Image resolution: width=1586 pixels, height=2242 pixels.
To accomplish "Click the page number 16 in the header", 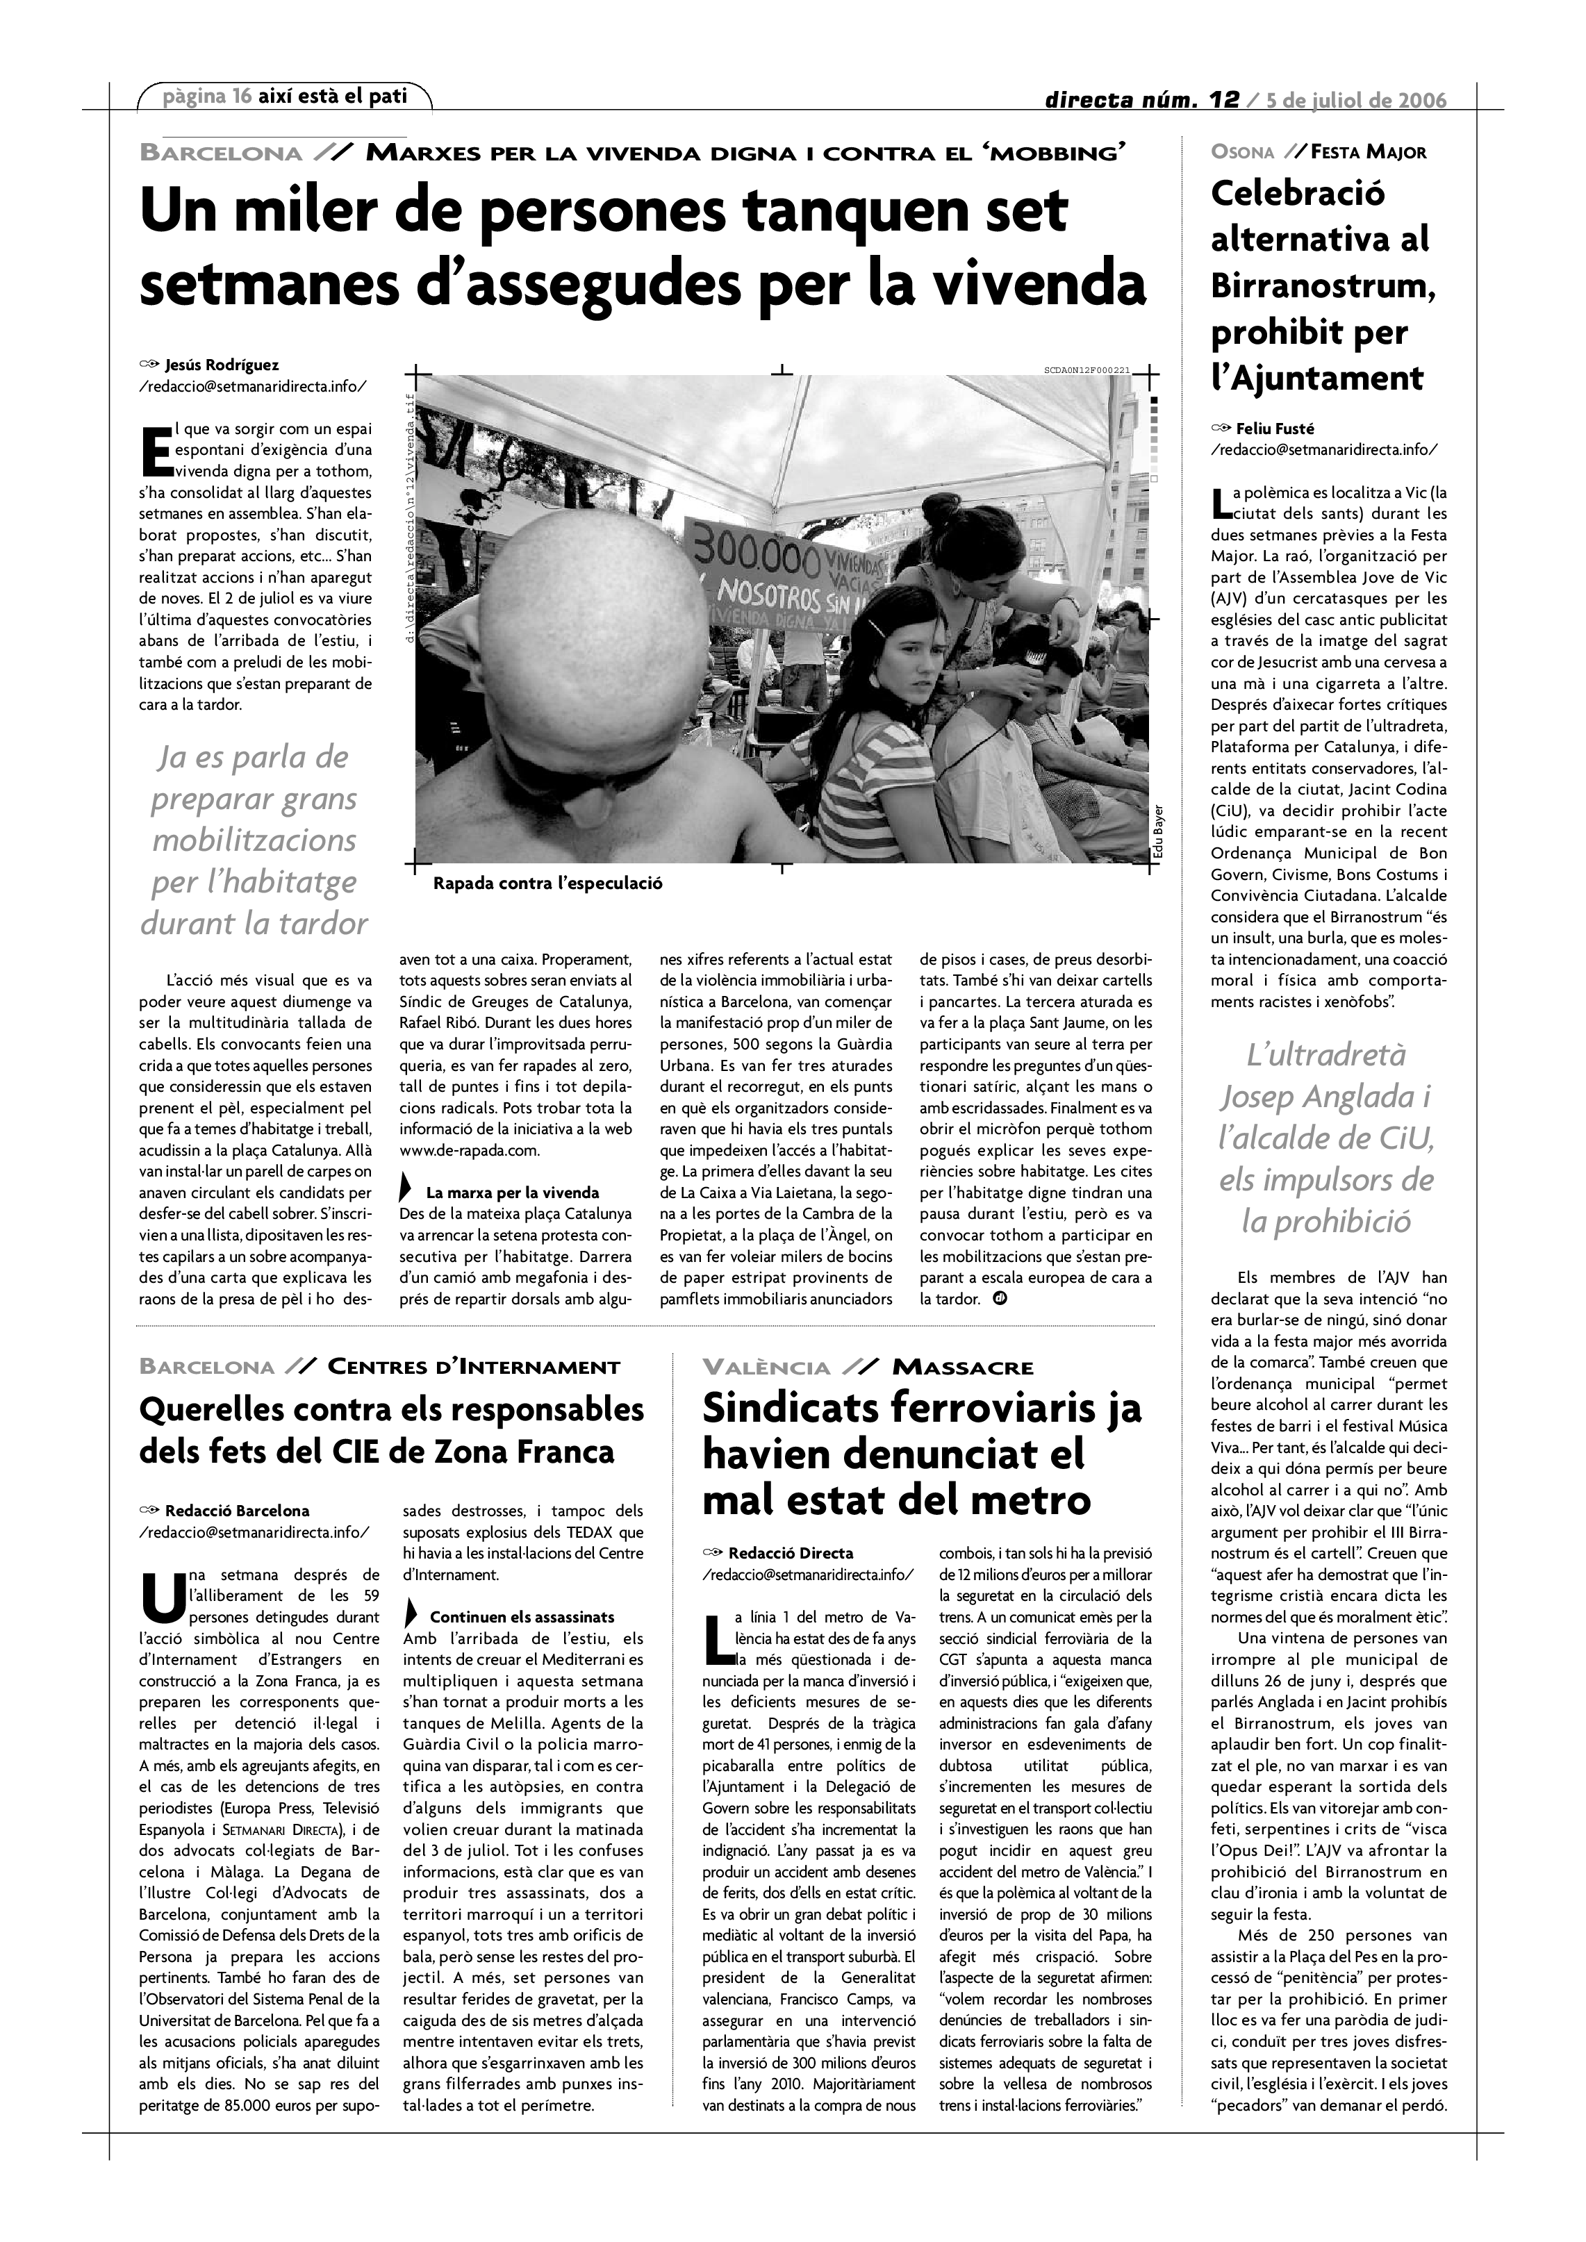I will click(x=241, y=96).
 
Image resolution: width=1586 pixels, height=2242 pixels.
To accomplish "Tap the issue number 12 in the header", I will click(x=1223, y=99).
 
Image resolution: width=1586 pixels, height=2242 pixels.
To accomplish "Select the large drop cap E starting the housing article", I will click(x=156, y=451).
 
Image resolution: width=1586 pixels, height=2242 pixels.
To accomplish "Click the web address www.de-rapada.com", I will click(x=470, y=1150).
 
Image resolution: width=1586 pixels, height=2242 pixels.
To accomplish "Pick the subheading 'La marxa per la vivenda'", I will click(x=513, y=1193).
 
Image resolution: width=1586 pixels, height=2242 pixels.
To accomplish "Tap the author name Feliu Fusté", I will click(x=1275, y=428).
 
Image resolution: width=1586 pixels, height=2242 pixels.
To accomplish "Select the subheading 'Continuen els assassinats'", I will click(x=522, y=1617).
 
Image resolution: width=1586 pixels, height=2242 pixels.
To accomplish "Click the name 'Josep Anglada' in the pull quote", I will click(x=1325, y=1097).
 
